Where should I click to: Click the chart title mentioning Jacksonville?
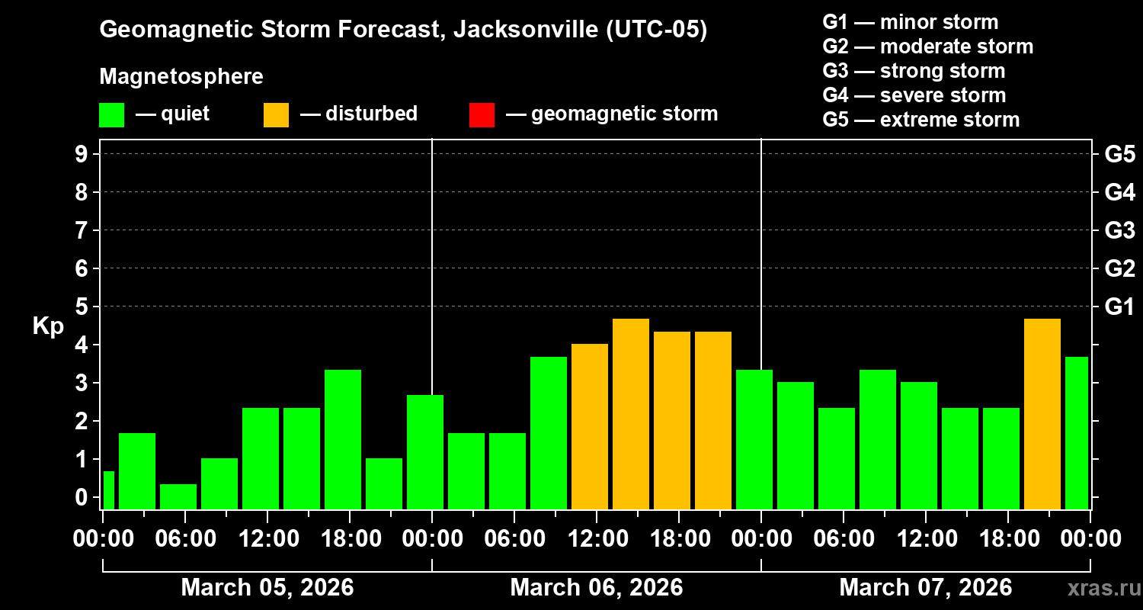(403, 30)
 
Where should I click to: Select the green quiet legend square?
(111, 114)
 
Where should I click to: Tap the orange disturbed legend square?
(276, 114)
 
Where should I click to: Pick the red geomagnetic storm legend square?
(482, 114)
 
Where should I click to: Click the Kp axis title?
(48, 326)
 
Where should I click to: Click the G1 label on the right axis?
(1119, 307)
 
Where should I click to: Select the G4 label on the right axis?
(1119, 192)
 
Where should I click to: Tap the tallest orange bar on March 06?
(631, 413)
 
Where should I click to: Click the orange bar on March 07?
(1042, 413)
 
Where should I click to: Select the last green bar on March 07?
(1077, 432)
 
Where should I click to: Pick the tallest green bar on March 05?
(343, 438)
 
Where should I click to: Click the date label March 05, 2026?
(267, 588)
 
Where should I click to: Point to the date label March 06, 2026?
(597, 588)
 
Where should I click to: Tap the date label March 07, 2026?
(926, 588)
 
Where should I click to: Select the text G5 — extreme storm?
(920, 120)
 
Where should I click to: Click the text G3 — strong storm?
(914, 71)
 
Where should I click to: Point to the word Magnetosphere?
(181, 77)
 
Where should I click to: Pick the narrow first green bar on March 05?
(109, 490)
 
